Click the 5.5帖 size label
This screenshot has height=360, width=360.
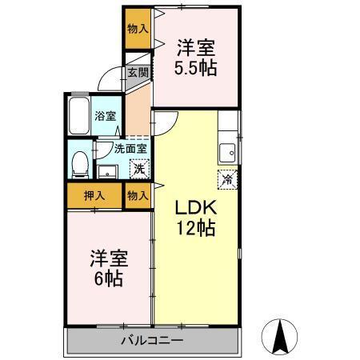pos(197,67)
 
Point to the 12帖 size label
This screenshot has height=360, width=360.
pos(195,228)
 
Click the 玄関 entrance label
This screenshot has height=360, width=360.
pos(138,73)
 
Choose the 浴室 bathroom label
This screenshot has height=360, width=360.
pos(105,115)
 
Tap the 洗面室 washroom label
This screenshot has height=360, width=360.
pos(130,148)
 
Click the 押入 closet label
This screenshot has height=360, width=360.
pos(94,194)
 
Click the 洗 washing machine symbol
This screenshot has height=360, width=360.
pos(139,169)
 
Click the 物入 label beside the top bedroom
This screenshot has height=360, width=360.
pos(138,28)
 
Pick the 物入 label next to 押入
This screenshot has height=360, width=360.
pos(138,194)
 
